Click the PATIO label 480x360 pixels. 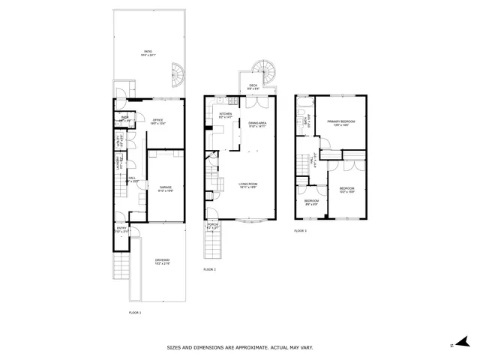(x=148, y=52)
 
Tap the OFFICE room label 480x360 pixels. (x=157, y=120)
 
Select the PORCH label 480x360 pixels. (x=211, y=226)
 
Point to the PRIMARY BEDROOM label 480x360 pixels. (x=340, y=121)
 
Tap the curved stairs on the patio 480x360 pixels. (x=175, y=73)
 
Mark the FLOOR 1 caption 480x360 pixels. (x=135, y=311)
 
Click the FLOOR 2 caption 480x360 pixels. (x=209, y=269)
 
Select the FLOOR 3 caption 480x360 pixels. (x=301, y=231)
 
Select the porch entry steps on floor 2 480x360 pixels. (x=211, y=244)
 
